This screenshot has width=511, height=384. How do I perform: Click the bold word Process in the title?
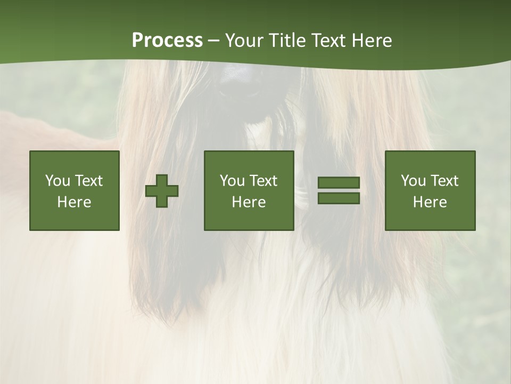167,41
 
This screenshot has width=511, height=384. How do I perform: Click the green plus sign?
162,191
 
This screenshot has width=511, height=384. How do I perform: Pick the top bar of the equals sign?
339,183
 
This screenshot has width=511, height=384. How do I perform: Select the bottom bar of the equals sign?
339,198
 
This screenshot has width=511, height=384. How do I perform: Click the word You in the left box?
57,181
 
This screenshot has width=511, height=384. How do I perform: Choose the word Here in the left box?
74,202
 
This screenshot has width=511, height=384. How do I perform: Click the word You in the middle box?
232,181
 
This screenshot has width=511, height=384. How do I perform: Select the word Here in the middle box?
249,202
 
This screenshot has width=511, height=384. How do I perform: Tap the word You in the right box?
413,181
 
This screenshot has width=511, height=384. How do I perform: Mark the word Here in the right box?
430,202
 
